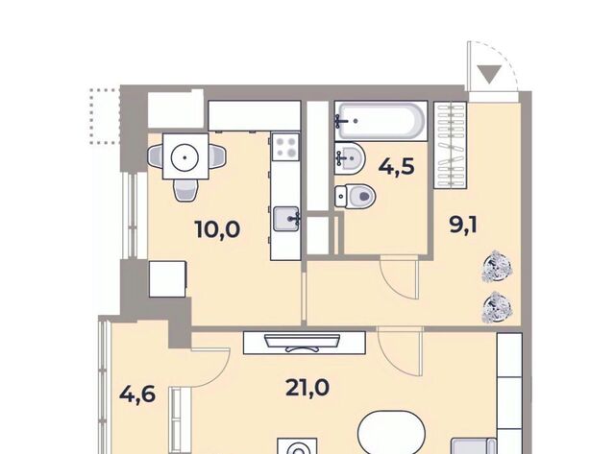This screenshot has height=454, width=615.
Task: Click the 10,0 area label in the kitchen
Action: (x=217, y=229)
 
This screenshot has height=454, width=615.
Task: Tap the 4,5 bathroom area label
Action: (x=396, y=166)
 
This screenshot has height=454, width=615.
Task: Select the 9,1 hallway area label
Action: (x=463, y=226)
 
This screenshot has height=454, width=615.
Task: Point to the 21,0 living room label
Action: (x=307, y=388)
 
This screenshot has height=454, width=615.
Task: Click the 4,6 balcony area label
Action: (x=137, y=394)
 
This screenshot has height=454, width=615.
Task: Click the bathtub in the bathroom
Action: (x=381, y=121)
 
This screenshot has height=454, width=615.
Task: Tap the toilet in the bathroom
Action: (x=355, y=196)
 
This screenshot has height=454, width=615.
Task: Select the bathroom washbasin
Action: (x=350, y=158)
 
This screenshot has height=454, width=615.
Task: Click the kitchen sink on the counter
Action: (x=286, y=219)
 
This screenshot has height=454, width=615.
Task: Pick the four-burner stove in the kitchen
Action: (x=285, y=147)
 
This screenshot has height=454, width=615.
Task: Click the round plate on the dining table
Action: (x=184, y=157)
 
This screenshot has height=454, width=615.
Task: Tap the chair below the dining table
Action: (x=184, y=190)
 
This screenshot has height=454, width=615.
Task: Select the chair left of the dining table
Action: (x=156, y=156)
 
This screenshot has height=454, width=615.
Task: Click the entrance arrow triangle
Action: (x=489, y=74)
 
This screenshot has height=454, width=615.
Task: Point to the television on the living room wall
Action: (x=302, y=343)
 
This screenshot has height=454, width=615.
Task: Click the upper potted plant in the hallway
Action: (x=497, y=267)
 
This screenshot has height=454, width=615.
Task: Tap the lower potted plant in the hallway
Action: (x=497, y=307)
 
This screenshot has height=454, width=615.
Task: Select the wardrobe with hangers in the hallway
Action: (x=450, y=145)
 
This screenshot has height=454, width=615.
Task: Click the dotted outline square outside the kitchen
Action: (x=105, y=116)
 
